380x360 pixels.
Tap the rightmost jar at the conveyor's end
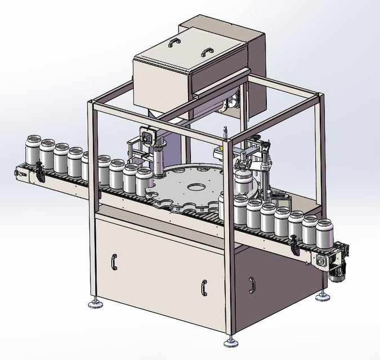324,234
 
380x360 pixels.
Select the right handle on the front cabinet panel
203,286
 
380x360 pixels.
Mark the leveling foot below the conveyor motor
323,295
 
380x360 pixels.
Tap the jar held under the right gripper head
244,183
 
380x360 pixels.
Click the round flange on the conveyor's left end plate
22,174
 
